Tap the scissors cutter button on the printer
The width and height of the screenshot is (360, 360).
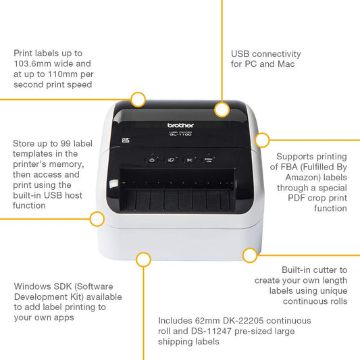[190, 159]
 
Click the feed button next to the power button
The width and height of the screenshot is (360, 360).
[171, 159]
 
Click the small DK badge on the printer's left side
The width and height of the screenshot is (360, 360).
[124, 140]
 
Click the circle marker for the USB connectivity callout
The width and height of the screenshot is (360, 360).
[222, 107]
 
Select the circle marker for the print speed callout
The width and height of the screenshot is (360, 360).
[138, 99]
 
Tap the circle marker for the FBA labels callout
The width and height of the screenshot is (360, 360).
[262, 140]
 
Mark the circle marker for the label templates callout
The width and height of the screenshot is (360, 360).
[97, 218]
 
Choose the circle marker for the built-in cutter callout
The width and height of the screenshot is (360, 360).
[250, 255]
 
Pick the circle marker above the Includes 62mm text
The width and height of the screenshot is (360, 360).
[143, 259]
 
